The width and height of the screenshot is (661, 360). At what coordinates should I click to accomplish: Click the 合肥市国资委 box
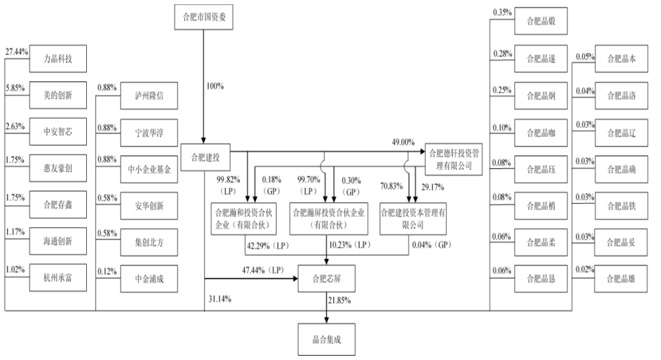click(x=204, y=17)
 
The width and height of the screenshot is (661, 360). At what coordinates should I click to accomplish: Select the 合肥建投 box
click(x=205, y=158)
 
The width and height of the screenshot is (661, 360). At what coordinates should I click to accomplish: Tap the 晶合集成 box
click(x=327, y=339)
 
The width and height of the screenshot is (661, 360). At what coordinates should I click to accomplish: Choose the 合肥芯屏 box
click(x=327, y=279)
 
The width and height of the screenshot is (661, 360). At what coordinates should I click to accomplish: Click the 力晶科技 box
click(x=58, y=59)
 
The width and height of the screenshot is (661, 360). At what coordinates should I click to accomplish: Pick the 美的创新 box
click(x=58, y=96)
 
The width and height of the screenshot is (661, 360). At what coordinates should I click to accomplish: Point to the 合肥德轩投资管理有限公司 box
click(x=454, y=159)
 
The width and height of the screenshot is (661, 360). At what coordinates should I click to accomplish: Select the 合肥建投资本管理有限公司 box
click(x=413, y=219)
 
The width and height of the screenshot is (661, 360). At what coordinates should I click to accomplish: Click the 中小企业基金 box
click(x=149, y=170)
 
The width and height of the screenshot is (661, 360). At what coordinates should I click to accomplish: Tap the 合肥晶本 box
click(x=621, y=59)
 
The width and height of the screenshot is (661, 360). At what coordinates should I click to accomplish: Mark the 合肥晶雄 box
click(x=621, y=279)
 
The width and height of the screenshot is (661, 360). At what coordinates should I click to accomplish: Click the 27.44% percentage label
click(x=17, y=52)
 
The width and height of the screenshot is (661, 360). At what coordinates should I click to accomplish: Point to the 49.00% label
click(x=403, y=142)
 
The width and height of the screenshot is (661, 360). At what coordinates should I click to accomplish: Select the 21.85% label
click(x=339, y=300)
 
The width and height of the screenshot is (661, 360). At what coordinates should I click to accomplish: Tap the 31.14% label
click(x=220, y=299)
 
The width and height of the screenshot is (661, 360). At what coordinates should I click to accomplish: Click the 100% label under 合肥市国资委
click(x=215, y=86)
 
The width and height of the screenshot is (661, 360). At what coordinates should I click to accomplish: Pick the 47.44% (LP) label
click(x=263, y=270)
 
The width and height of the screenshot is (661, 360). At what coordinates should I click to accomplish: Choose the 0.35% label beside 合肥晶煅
click(x=502, y=13)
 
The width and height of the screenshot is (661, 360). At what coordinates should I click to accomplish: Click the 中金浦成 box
click(x=149, y=279)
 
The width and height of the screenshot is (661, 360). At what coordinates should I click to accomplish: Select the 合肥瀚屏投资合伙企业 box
click(x=329, y=219)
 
